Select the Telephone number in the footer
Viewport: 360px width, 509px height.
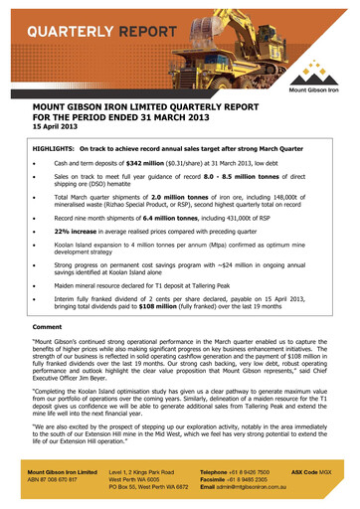pyautogui.click(x=256, y=482)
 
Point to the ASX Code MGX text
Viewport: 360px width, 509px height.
pyautogui.click(x=317, y=482)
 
